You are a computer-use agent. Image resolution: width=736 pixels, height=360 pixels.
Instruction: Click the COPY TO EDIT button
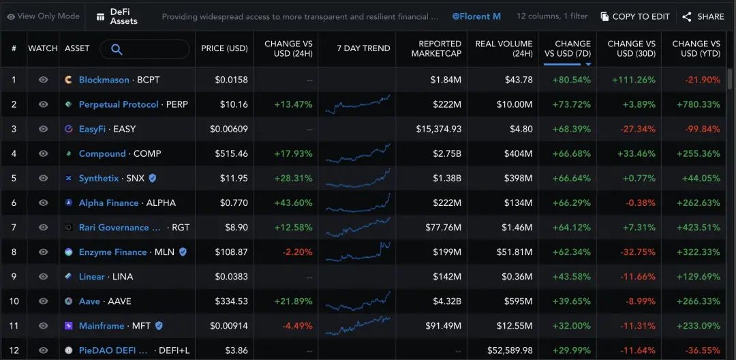(x=635, y=17)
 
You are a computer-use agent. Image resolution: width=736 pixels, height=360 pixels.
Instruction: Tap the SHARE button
(x=703, y=17)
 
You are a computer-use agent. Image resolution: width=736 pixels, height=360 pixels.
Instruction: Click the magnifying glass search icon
(x=117, y=49)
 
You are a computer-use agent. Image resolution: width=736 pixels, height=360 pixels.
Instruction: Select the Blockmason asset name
(x=104, y=80)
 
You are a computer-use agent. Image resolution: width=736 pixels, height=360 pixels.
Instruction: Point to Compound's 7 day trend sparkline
(x=358, y=153)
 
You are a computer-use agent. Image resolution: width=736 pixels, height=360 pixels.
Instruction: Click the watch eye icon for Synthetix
(x=43, y=178)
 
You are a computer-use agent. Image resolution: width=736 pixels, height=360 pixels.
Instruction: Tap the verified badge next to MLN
(x=183, y=252)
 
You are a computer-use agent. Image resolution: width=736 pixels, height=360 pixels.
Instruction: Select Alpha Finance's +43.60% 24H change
(x=293, y=202)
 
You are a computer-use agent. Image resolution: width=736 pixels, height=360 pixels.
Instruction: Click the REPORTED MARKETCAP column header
(x=437, y=48)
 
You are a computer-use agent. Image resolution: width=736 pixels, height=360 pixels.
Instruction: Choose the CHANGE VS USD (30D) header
(x=632, y=48)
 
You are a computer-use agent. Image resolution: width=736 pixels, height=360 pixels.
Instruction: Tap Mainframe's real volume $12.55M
(x=515, y=326)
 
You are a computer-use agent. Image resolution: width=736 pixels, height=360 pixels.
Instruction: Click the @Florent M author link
(x=476, y=16)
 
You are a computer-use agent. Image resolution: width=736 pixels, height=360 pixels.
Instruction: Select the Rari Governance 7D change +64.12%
(x=572, y=228)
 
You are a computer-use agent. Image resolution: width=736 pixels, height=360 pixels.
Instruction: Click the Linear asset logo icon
(x=69, y=276)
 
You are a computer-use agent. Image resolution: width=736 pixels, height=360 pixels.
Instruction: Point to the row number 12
(x=14, y=350)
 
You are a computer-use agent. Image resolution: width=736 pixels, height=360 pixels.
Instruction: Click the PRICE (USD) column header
(x=224, y=48)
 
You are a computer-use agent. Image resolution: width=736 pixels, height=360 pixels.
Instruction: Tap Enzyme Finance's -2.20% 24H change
(x=297, y=252)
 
